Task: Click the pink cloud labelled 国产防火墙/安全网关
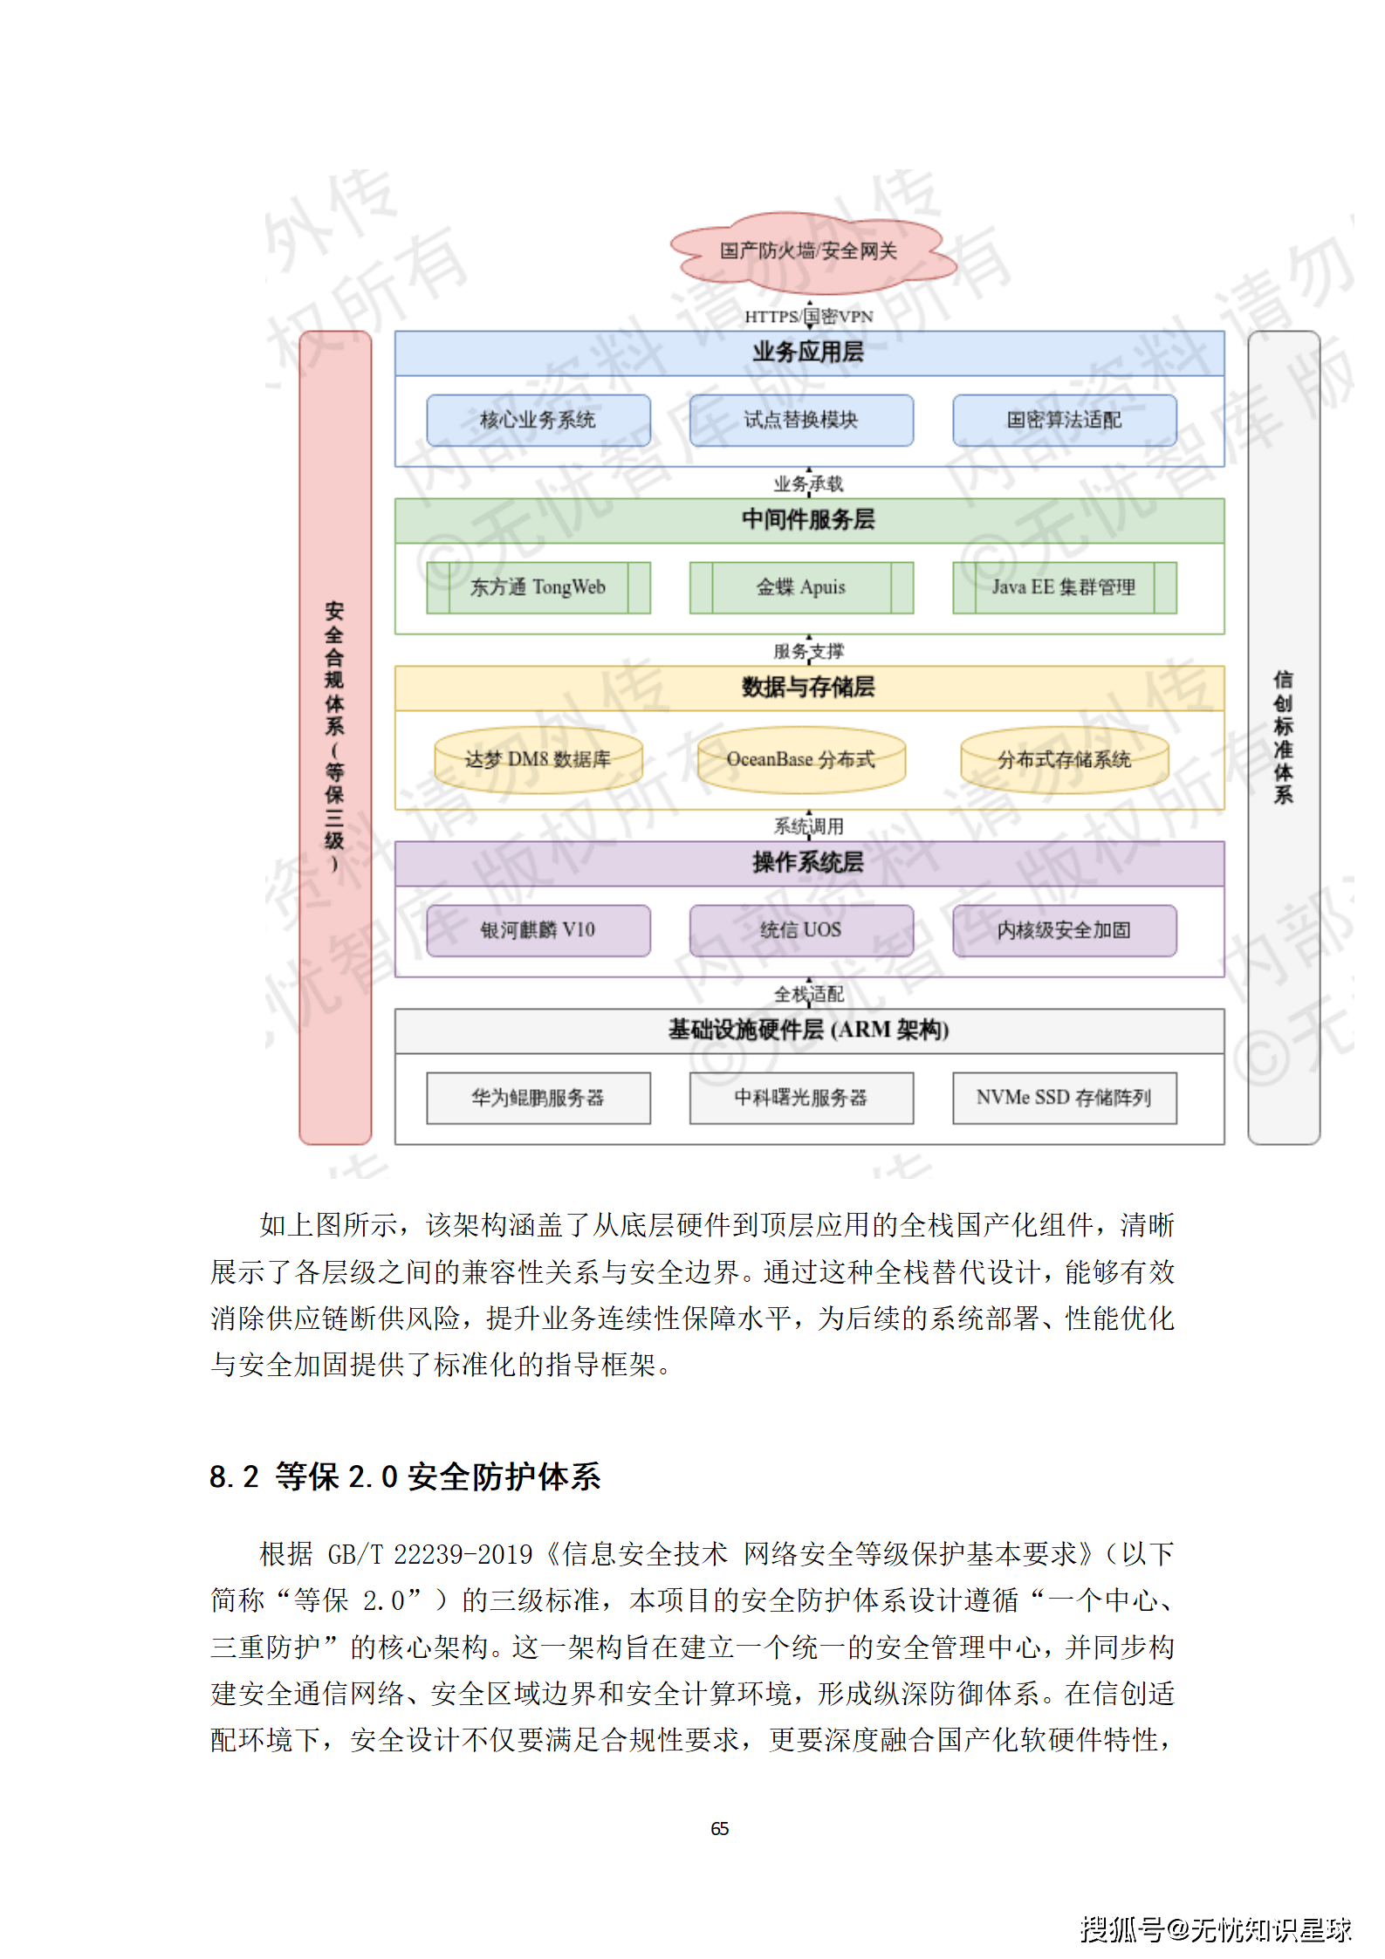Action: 808,251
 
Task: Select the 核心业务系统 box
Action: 538,420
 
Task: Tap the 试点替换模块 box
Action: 800,420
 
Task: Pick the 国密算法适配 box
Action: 1064,420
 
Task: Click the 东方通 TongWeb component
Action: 538,587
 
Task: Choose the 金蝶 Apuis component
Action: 800,587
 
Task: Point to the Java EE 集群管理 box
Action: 1064,587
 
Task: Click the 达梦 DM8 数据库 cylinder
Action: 538,760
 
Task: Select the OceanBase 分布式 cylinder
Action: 800,760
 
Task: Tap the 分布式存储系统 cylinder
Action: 1064,760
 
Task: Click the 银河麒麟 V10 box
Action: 538,930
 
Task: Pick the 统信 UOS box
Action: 800,930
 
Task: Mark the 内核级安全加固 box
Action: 1064,930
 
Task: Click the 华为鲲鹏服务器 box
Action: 538,1098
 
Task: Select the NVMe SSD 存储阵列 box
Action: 1064,1098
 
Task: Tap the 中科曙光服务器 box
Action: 800,1098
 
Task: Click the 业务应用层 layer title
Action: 808,353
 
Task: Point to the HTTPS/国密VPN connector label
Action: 808,317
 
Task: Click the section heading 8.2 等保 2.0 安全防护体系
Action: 405,1476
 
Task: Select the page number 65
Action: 719,1829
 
